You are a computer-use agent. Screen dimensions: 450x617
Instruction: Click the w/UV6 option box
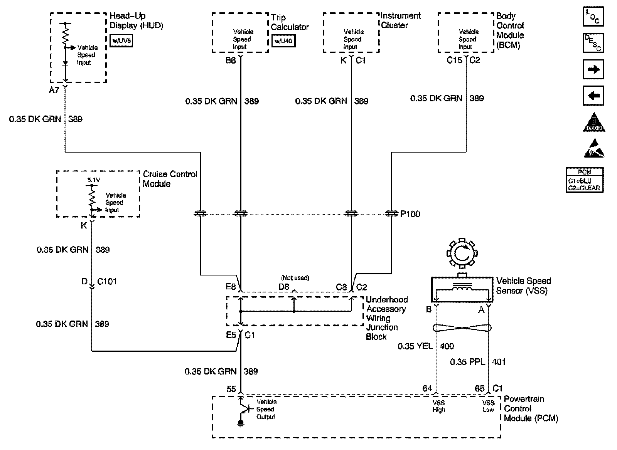pos(121,40)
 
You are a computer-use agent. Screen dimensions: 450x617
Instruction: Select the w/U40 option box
pos(283,40)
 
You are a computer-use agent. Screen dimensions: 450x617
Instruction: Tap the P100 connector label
pos(410,214)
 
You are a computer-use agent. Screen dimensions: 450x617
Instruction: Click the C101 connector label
pos(107,282)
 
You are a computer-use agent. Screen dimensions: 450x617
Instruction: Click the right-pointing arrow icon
pos(593,70)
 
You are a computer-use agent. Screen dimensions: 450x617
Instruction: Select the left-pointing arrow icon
pos(593,96)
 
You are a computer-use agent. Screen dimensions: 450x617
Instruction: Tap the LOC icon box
pos(593,17)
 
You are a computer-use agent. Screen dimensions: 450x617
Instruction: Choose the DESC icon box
pos(593,43)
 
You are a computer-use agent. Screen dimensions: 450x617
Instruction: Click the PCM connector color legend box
pos(585,180)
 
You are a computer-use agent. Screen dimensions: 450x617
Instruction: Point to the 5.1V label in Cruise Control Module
pos(93,180)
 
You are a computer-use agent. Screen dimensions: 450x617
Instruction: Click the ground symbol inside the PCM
pos(241,423)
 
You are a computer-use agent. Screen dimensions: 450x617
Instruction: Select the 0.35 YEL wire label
pos(415,346)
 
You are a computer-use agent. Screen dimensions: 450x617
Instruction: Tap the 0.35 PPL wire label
pos(467,362)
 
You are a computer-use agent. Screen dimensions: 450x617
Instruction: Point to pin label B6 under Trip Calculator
pos(231,60)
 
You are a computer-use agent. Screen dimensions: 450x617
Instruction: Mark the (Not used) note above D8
pos(295,278)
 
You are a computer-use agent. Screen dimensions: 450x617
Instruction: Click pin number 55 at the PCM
pos(231,389)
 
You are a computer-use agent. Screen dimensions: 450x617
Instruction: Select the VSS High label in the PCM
pos(439,406)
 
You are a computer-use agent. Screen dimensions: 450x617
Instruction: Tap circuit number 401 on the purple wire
pos(499,362)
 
